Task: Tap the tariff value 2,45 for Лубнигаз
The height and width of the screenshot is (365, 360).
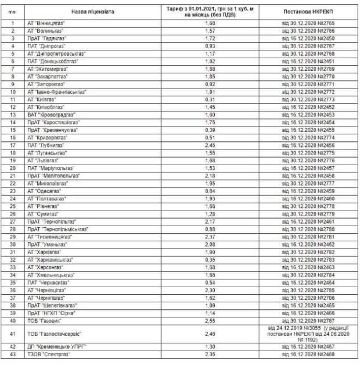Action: [210, 145]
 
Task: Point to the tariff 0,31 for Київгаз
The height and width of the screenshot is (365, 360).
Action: [210, 99]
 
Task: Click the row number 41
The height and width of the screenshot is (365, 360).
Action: [13, 334]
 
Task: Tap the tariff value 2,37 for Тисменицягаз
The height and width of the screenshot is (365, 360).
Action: [210, 237]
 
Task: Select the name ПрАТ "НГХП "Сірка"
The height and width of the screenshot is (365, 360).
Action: [53, 312]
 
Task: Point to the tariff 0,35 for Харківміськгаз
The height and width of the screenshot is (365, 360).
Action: [210, 259]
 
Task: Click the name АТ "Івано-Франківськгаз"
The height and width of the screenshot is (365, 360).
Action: [56, 92]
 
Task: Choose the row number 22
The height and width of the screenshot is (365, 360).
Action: [13, 183]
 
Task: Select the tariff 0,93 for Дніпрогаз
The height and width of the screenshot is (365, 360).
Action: [210, 46]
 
